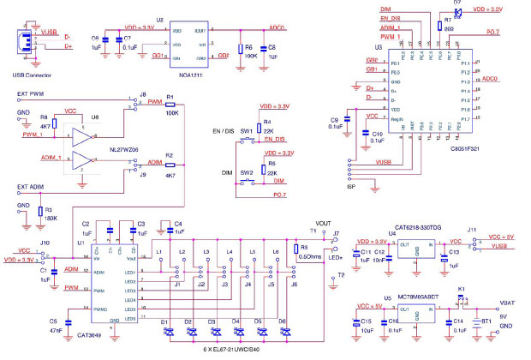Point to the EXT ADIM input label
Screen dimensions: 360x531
click(30, 186)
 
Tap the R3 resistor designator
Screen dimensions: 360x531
click(49, 209)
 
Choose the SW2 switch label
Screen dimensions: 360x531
click(246, 171)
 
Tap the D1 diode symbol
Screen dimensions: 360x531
click(168, 330)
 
